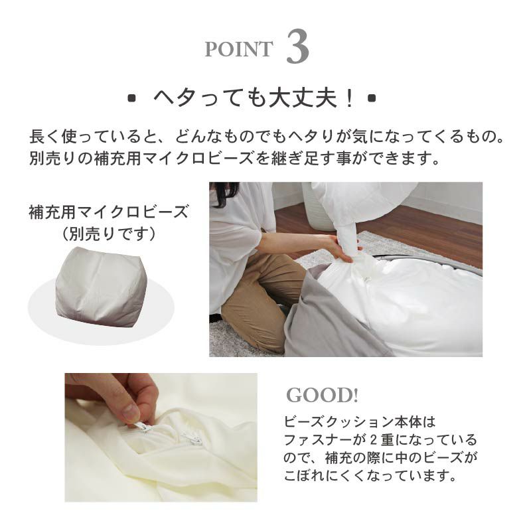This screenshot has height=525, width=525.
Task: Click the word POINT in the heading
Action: pyautogui.click(x=239, y=49)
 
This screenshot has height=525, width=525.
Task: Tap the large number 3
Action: pyautogui.click(x=297, y=46)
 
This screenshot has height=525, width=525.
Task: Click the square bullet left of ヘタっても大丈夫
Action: pyautogui.click(x=132, y=98)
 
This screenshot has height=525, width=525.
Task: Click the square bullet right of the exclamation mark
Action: pyautogui.click(x=372, y=98)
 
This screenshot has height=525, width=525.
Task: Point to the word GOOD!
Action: pyautogui.click(x=322, y=395)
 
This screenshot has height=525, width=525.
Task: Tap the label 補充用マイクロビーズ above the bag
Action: pyautogui.click(x=108, y=212)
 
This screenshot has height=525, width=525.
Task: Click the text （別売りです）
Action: pyautogui.click(x=108, y=234)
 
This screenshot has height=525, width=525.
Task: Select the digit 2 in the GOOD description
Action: pyautogui.click(x=374, y=440)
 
